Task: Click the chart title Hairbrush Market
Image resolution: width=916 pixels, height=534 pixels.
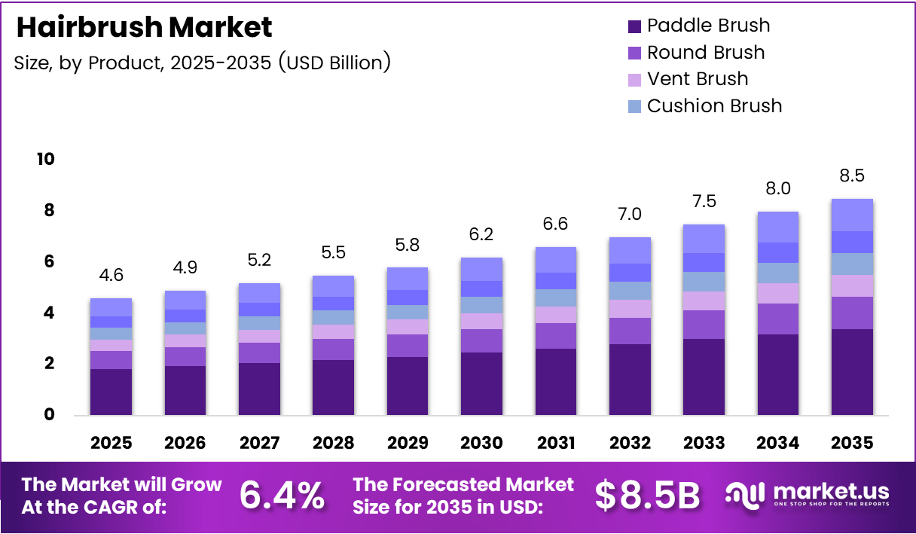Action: click(144, 28)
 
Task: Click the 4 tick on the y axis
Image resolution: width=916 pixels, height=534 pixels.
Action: click(48, 313)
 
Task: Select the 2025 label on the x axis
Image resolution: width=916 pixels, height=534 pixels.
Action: click(111, 443)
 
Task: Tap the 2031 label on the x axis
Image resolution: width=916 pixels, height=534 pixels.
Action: click(556, 443)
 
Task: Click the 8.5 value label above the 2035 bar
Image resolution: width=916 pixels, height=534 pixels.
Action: click(851, 176)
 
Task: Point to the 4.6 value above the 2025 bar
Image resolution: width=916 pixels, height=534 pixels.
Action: click(111, 276)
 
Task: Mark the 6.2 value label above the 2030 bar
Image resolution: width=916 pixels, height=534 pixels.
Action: click(481, 235)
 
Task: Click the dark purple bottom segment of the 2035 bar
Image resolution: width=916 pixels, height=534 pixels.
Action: click(851, 371)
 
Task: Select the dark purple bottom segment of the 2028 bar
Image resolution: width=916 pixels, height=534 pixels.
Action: click(333, 387)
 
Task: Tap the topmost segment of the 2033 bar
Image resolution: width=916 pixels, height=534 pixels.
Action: click(704, 239)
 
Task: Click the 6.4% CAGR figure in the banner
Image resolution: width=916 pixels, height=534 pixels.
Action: click(282, 496)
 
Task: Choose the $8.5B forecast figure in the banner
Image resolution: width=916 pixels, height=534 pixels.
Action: click(647, 496)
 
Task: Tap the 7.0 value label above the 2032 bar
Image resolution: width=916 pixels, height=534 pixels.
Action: click(630, 215)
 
